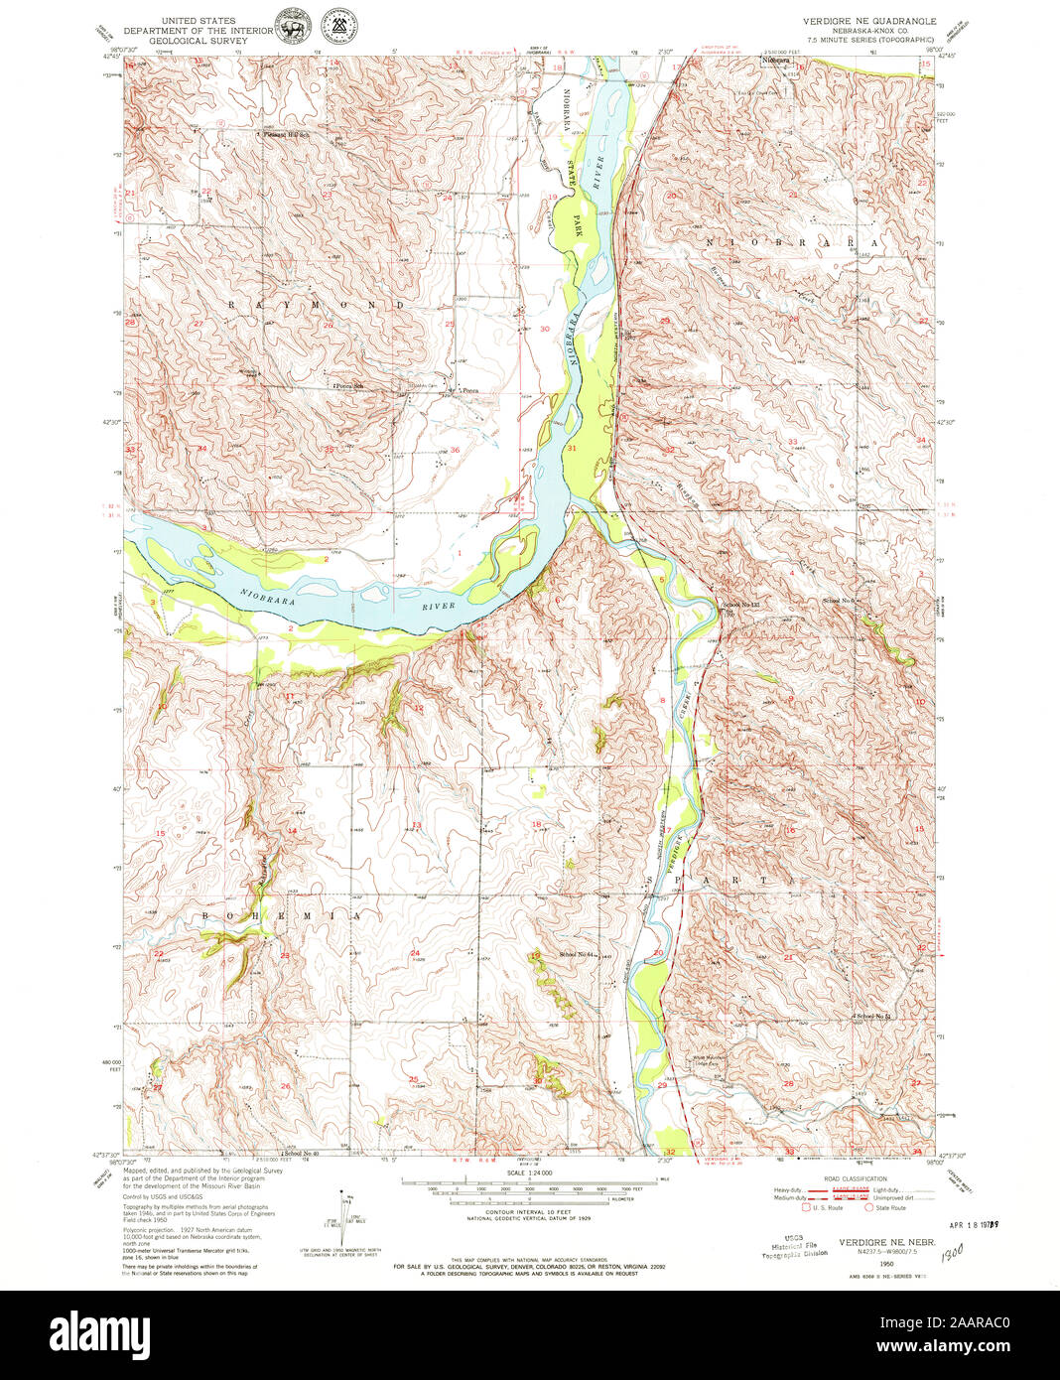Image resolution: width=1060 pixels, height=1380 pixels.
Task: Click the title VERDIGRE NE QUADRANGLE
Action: pos(868,20)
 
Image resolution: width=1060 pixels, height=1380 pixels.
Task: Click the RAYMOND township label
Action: pos(317,305)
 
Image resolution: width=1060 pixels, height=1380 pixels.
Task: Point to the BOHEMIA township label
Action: pos(283,916)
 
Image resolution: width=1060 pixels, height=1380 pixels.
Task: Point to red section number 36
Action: pos(455,451)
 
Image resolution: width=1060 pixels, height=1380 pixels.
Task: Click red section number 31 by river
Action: pos(573,449)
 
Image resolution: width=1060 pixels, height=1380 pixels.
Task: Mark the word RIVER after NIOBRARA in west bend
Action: pos(437,605)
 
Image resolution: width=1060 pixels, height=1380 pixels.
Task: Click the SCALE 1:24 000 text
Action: pos(528,1173)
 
